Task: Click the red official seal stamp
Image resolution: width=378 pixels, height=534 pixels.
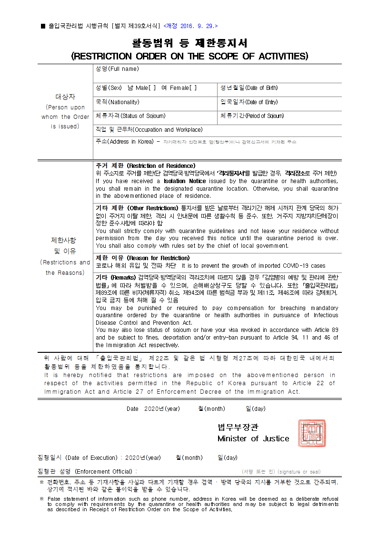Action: pyautogui.click(x=312, y=433)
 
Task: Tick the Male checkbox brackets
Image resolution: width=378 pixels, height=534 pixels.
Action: pyautogui.click(x=152, y=88)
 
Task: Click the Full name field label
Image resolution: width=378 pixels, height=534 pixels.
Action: pyautogui.click(x=117, y=69)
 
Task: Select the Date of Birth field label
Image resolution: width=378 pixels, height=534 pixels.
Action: pyautogui.click(x=249, y=88)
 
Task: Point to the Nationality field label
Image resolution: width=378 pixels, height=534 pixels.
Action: pyautogui.click(x=118, y=102)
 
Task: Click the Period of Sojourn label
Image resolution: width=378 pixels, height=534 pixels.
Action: pyautogui.click(x=252, y=116)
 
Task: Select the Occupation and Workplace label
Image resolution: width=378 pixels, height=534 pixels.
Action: pyautogui.click(x=149, y=130)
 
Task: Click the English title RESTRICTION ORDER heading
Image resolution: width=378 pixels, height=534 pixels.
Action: pyautogui.click(x=189, y=56)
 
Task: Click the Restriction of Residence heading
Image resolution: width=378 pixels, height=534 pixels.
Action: pyautogui.click(x=145, y=165)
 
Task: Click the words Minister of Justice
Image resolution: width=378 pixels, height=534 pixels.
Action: pyautogui.click(x=253, y=438)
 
